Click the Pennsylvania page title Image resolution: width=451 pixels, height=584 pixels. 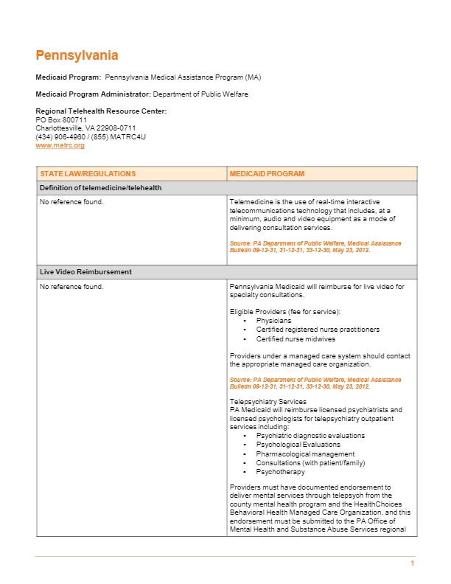coord(77,55)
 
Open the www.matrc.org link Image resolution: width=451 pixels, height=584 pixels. coord(60,145)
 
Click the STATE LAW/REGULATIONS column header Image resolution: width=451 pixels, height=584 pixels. coord(88,174)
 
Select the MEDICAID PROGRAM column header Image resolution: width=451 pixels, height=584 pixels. coord(267,174)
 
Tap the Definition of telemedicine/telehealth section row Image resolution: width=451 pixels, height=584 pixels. coord(100,188)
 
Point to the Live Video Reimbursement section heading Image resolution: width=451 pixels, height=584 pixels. coord(85,272)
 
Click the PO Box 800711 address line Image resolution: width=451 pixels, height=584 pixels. coord(61,119)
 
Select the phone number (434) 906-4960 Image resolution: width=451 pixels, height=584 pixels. coord(62,136)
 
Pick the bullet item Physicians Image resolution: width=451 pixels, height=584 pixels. coord(273,321)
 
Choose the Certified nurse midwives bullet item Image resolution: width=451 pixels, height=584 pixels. coord(296,339)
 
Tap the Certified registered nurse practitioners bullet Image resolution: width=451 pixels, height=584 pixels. coord(318,330)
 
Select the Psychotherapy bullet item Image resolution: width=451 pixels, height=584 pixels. coord(280,472)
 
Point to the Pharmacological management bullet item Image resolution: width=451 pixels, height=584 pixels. coord(305,454)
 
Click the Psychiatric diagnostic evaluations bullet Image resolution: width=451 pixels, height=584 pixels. coord(310,436)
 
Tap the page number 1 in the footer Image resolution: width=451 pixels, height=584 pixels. coord(413,564)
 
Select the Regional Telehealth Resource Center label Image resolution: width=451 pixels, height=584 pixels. coord(101,111)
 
